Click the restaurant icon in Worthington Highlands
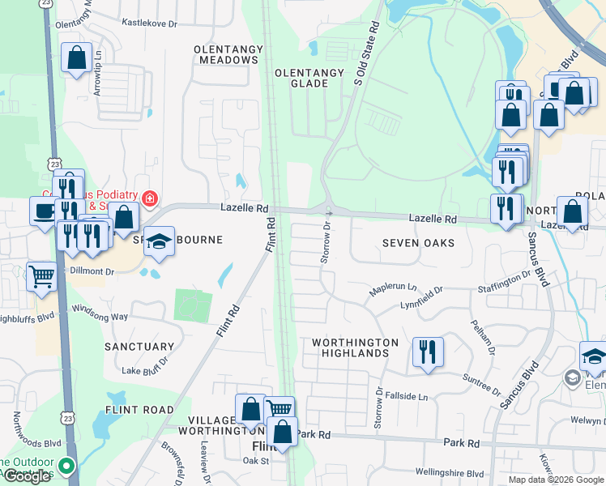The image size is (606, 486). tap(428, 352)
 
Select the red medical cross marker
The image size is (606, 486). tap(149, 198)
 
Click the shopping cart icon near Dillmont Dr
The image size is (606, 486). tap(41, 276)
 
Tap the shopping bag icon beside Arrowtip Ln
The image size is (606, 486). tap(76, 58)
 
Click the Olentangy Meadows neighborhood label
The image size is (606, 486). tap(228, 55)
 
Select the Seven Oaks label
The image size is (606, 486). tap(417, 243)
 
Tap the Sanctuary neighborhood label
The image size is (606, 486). tap(139, 347)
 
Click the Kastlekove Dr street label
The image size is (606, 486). tap(149, 24)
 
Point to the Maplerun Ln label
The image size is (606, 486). tap(392, 288)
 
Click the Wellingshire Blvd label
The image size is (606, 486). tap(450, 473)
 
